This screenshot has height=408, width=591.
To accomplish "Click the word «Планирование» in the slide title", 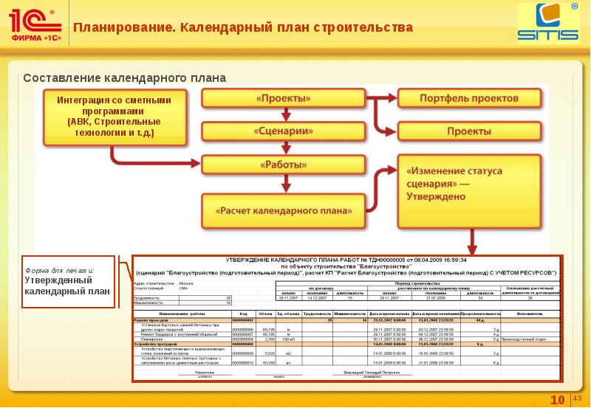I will click(x=123, y=28).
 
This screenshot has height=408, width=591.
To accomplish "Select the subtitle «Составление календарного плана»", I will click(x=124, y=78).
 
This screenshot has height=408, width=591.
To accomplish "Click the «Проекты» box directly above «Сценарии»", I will click(x=284, y=98).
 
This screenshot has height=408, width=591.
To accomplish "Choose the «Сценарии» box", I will click(x=284, y=132).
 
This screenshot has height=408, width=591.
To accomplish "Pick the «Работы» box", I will click(x=284, y=165).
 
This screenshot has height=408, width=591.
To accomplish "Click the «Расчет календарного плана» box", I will click(x=284, y=210).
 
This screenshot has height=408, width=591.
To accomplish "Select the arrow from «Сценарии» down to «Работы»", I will click(x=284, y=148).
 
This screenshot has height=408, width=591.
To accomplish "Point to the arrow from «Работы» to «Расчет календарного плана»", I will click(x=284, y=184).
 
